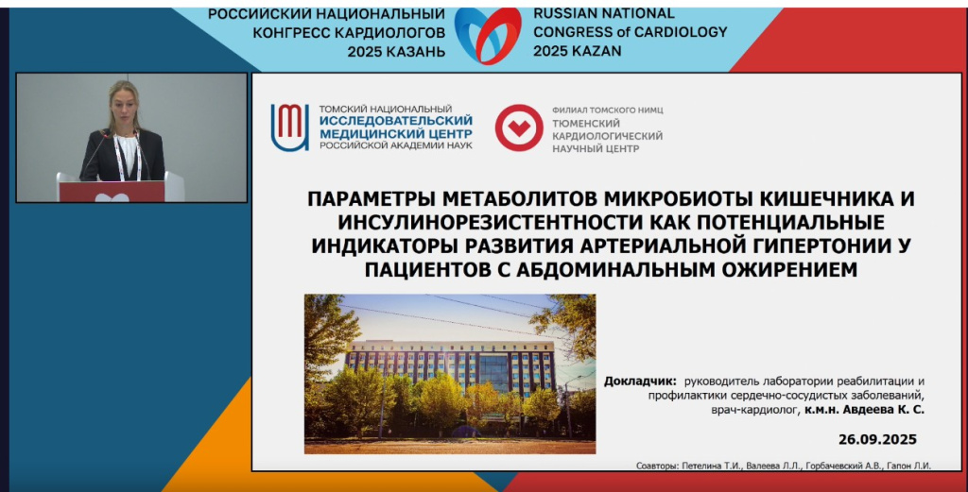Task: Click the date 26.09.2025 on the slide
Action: click(877, 439)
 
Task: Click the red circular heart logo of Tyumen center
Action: click(518, 128)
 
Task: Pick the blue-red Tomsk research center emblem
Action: click(289, 127)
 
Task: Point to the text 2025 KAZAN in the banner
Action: click(578, 50)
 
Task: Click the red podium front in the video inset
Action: click(112, 192)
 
